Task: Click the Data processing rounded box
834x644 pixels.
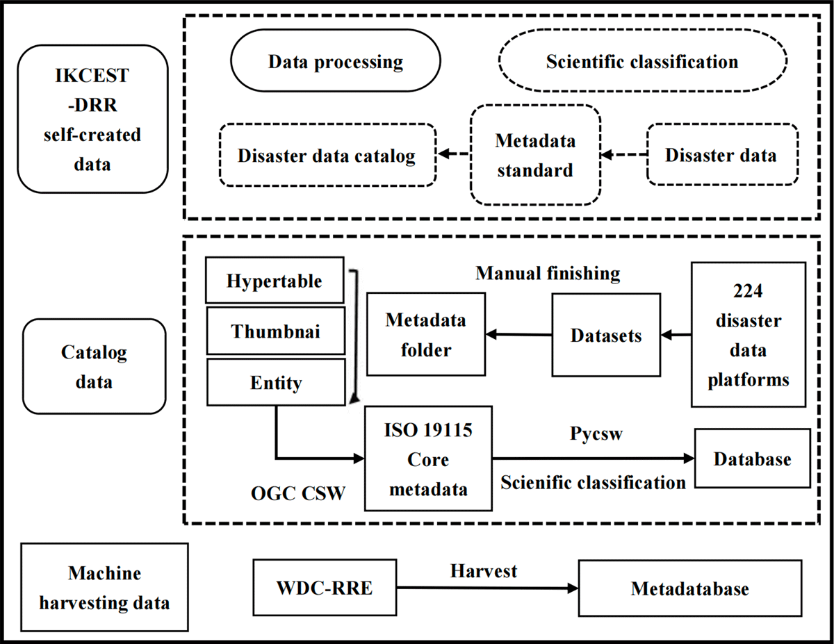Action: coord(336,62)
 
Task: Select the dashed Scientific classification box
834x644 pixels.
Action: coord(642,62)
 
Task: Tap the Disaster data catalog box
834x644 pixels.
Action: coord(327,155)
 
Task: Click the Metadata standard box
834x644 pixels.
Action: coord(535,155)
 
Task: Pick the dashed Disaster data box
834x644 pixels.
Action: coord(721,155)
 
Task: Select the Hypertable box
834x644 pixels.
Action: coord(275,281)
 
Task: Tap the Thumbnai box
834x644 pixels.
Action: coord(275,331)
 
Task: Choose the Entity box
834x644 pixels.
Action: coord(275,382)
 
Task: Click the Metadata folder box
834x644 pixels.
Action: coord(426,335)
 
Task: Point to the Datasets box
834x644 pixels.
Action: coord(605,336)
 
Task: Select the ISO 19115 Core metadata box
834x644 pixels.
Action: coord(428,459)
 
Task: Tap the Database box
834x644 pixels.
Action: coord(753,459)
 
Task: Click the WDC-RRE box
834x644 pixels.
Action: coord(324,588)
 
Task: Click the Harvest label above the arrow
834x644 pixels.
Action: coord(484,570)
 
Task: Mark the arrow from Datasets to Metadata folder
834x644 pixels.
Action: coord(519,336)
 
